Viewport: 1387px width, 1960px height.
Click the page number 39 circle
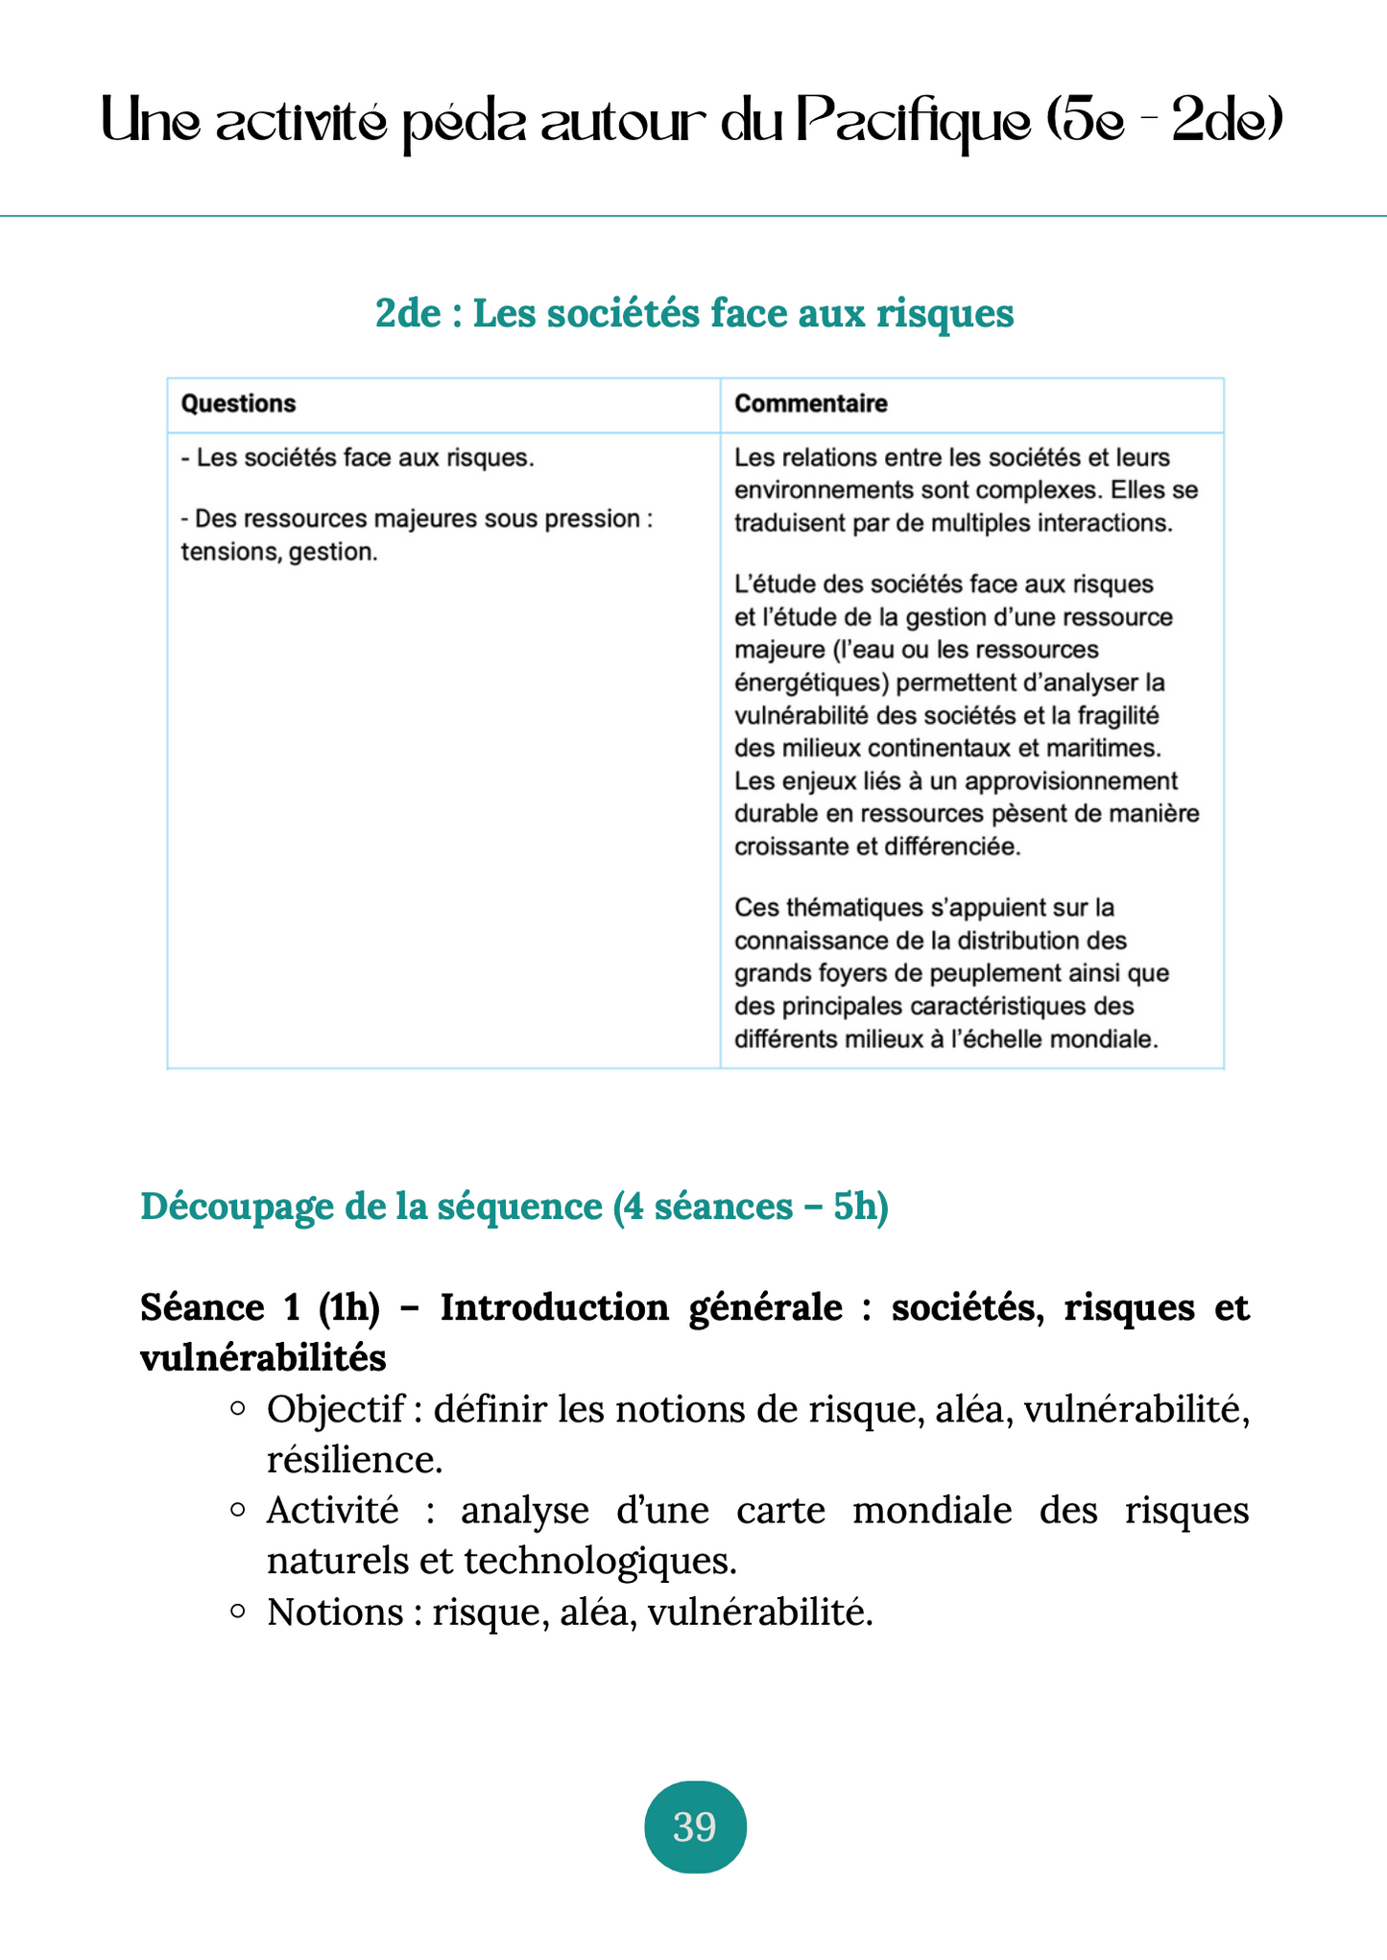coord(694,1826)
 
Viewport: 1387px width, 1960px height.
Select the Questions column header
coord(238,403)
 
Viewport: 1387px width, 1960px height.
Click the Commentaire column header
coord(810,403)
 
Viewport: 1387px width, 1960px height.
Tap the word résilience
coord(353,1460)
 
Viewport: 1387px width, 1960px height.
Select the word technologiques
coord(600,1562)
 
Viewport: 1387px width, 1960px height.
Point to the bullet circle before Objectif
coord(238,1409)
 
